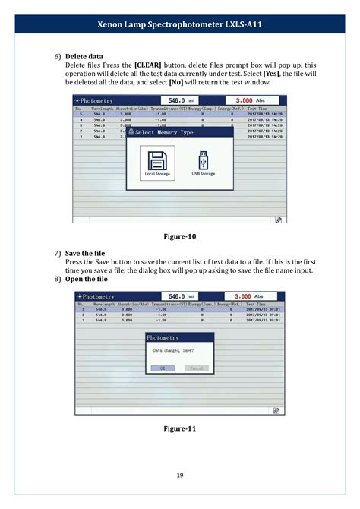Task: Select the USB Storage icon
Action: point(202,160)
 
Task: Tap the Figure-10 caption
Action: point(180,236)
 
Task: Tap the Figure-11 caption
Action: point(180,428)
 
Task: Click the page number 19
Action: point(180,476)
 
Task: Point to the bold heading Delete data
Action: point(84,56)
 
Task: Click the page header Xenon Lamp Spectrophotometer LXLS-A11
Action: point(180,25)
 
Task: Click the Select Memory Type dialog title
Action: point(164,132)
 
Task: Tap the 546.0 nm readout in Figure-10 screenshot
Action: point(183,100)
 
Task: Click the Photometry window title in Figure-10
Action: point(95,100)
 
